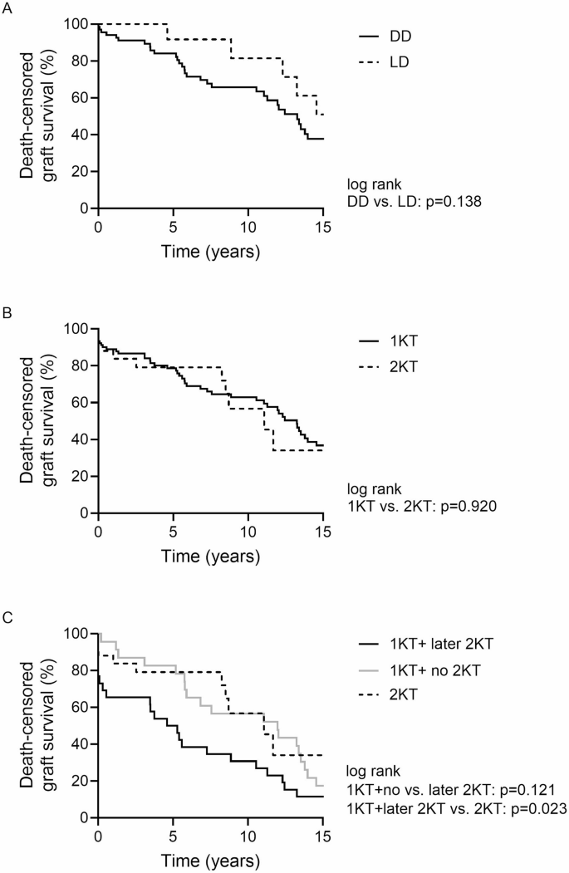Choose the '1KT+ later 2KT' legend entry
click(430, 645)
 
